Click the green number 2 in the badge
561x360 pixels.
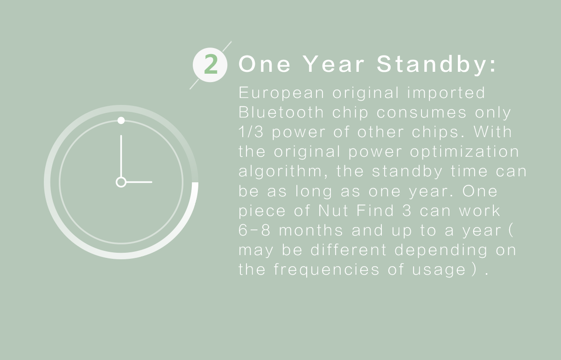210,64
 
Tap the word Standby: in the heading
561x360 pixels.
436,64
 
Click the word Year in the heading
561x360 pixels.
334,64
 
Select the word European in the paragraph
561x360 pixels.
281,93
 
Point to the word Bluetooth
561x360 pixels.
281,112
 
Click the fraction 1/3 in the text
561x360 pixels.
251,132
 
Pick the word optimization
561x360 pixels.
464,152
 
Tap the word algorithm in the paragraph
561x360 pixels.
280,171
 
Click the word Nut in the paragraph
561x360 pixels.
333,210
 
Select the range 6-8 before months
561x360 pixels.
254,230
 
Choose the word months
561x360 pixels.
311,230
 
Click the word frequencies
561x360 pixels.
326,270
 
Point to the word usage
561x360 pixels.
439,270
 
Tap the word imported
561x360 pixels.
446,93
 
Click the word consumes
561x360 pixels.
421,112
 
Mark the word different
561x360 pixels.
349,249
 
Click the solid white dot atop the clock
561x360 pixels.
121,120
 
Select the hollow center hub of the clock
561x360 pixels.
121,182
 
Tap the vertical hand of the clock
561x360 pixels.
121,156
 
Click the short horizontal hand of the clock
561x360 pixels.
139,182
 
